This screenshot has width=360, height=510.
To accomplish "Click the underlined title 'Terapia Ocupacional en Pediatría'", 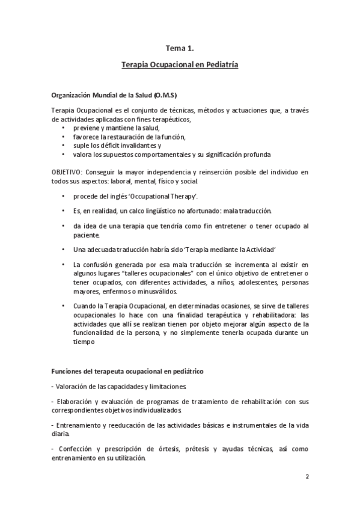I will click(x=180, y=64).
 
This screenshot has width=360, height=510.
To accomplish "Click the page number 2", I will click(x=307, y=478).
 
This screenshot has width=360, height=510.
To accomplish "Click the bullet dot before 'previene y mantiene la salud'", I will click(x=64, y=129).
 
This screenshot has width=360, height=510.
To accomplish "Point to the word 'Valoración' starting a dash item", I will click(x=73, y=385).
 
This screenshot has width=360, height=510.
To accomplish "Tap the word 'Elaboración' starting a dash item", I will click(x=76, y=401).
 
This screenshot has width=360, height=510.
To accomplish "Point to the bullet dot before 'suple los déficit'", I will click(x=64, y=146).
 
